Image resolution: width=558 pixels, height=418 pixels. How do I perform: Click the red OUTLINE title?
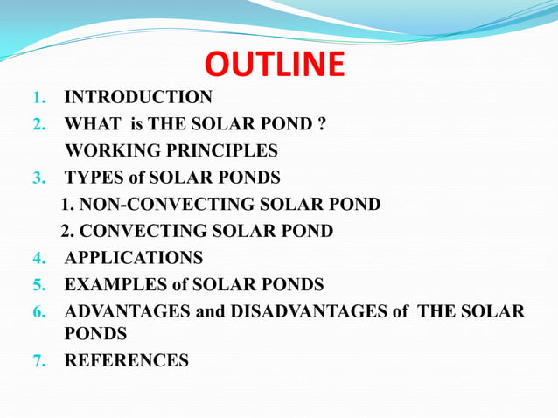275,66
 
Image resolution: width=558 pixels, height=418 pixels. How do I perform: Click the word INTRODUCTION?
138,97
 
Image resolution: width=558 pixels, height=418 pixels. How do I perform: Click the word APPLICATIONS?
134,258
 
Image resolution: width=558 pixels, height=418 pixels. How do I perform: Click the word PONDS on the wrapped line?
95,333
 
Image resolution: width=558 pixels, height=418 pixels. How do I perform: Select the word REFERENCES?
126,360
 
